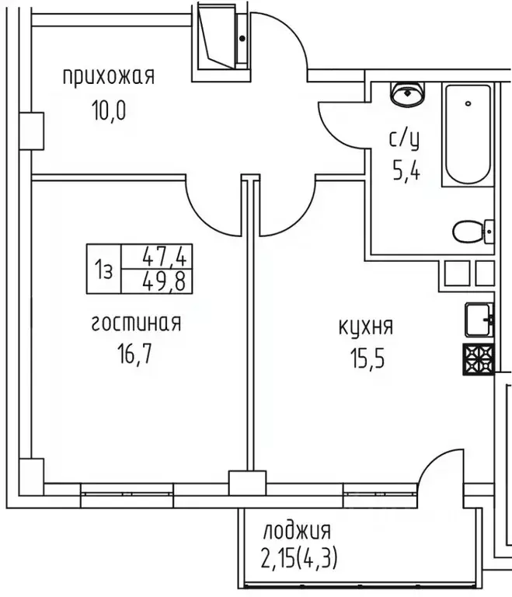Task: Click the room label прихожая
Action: (x=109, y=76)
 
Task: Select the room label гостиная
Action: (x=136, y=323)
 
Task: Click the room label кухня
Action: (x=366, y=326)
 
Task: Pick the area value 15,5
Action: (x=366, y=360)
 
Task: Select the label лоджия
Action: (x=296, y=532)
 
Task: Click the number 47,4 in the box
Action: (x=168, y=256)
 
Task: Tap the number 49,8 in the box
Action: (x=168, y=280)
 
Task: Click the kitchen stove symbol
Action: (x=479, y=360)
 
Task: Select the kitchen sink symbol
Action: (x=480, y=318)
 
